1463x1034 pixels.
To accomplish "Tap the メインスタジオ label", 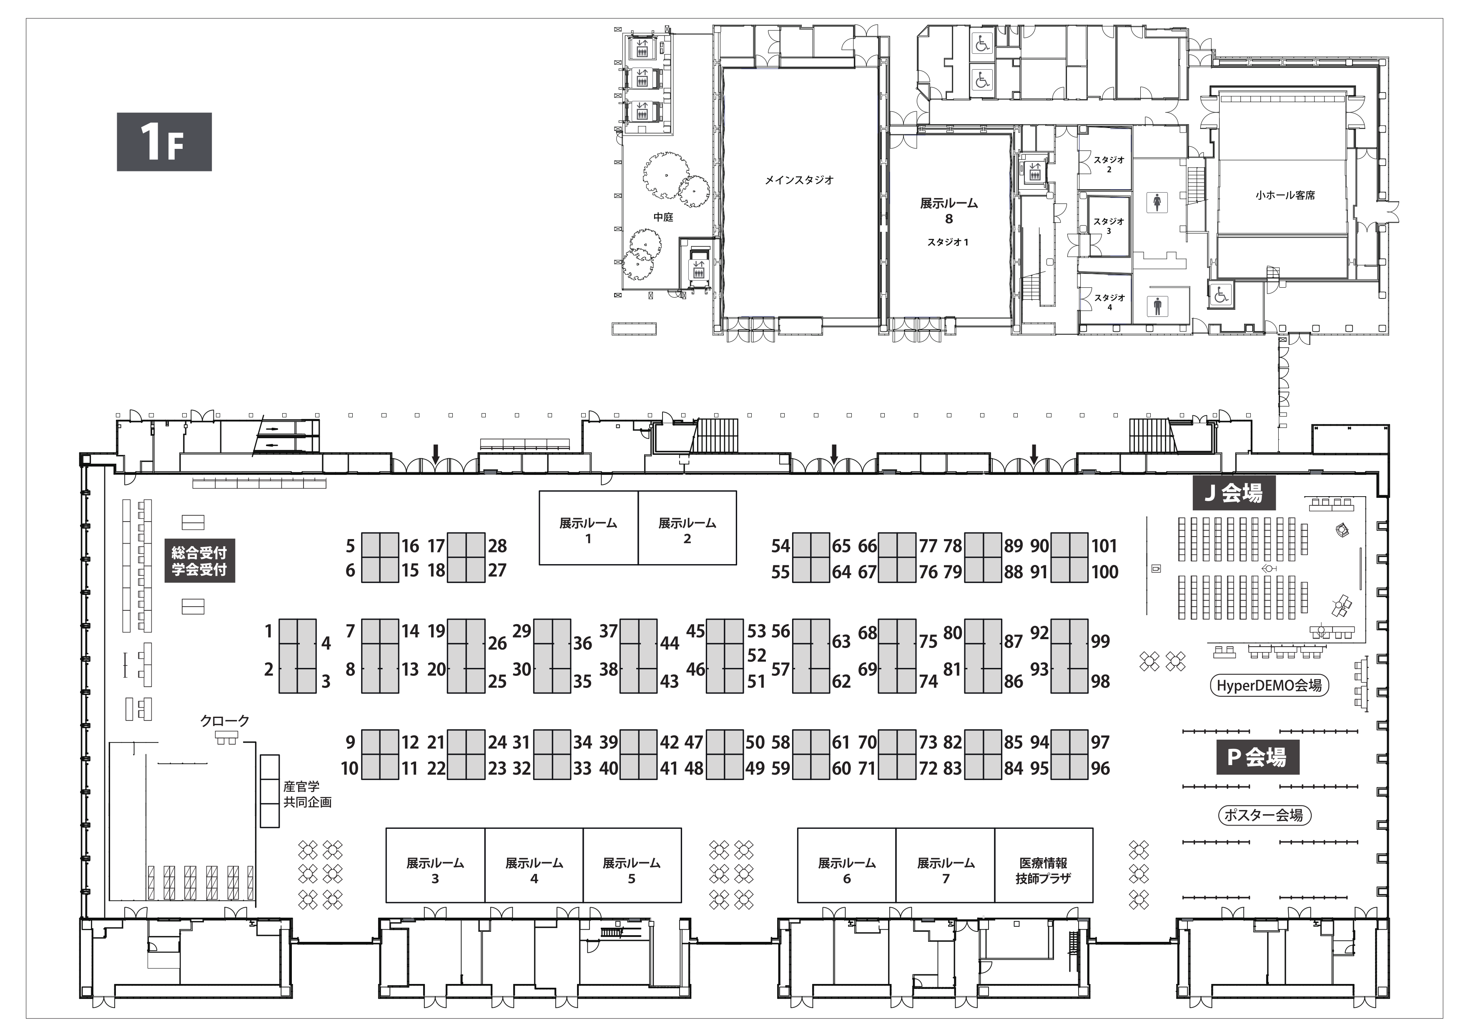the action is [x=799, y=180].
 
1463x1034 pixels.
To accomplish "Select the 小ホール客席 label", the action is [x=1285, y=196].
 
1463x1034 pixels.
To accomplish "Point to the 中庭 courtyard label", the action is [x=663, y=217].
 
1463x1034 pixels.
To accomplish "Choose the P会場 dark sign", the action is [x=1257, y=757].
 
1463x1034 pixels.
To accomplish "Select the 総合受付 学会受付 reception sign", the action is [x=199, y=561].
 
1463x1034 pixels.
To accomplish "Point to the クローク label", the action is [x=225, y=721].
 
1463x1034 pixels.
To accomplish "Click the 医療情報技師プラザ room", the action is [x=1044, y=865].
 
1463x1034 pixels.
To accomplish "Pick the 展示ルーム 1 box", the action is [x=589, y=527].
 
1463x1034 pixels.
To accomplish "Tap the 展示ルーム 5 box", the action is [x=632, y=865].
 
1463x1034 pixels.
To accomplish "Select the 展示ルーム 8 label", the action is [x=949, y=211].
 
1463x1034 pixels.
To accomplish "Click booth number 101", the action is [x=1104, y=546].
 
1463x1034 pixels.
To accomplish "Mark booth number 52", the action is [x=756, y=655].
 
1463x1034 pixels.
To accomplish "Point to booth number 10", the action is [x=350, y=768].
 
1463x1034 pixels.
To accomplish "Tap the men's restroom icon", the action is [x=1157, y=306].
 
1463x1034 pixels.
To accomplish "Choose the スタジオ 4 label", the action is [x=1109, y=302].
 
